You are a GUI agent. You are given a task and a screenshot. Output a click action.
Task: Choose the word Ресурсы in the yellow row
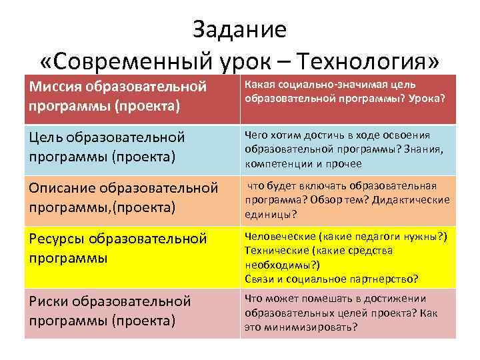[58, 239]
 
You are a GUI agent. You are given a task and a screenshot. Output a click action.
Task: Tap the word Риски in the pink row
[49, 301]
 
